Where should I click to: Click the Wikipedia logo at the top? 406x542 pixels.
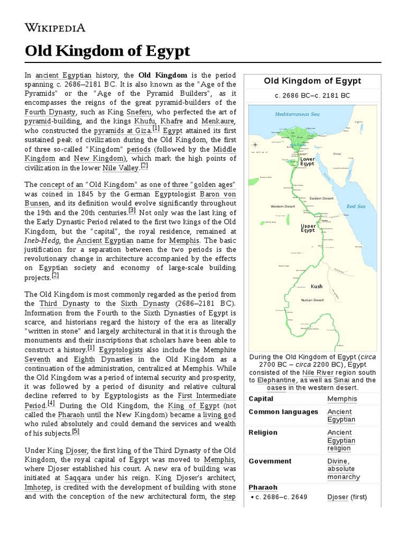[55, 27]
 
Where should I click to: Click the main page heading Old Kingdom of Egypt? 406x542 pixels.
[107, 52]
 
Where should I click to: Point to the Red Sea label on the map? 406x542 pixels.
[356, 206]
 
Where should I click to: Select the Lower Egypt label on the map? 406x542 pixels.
[307, 161]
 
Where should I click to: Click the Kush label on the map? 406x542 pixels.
[317, 286]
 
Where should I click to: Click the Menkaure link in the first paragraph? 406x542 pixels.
[218, 121]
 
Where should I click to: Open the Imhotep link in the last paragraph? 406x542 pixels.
[41, 487]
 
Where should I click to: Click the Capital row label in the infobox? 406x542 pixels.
[261, 399]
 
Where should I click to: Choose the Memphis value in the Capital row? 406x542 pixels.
[342, 399]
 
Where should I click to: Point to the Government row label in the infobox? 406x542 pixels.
[270, 461]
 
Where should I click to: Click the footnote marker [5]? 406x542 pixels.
[76, 432]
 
